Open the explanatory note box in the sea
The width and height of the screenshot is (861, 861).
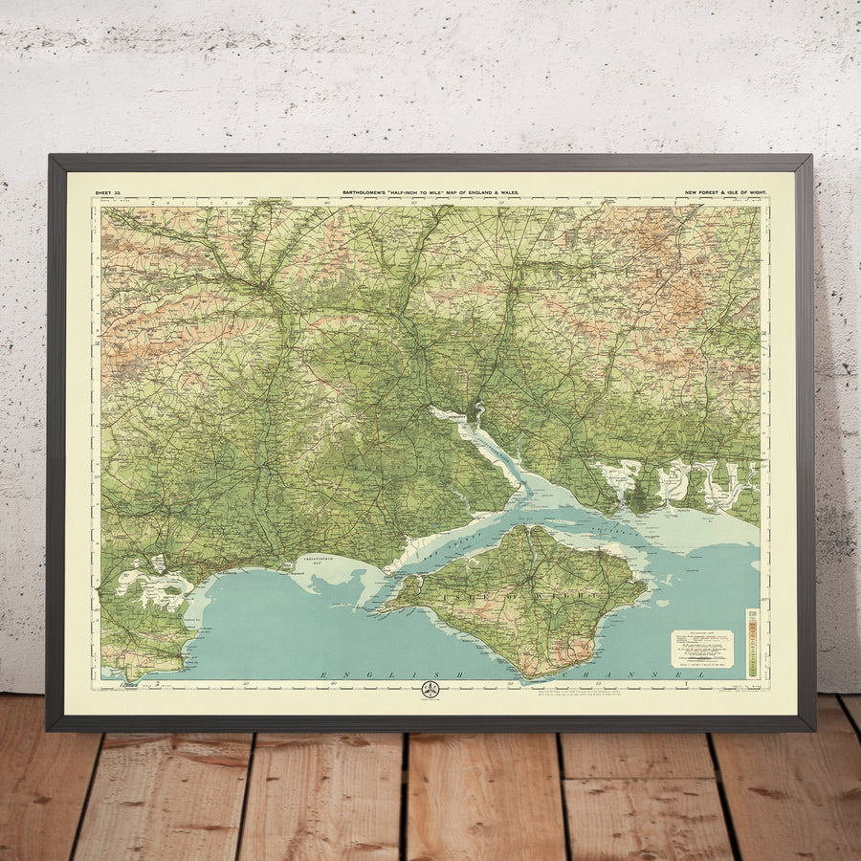click(701, 648)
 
